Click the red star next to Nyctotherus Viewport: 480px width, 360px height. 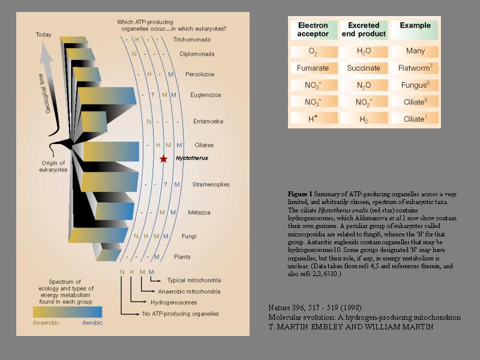tap(163, 159)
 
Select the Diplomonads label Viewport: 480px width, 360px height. tap(197, 54)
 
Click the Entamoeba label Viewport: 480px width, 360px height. tap(208, 121)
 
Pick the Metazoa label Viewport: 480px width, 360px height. tap(197, 212)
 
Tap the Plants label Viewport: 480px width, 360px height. tap(182, 257)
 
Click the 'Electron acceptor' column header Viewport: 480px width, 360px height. tap(313, 29)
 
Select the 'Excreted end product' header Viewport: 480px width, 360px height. tap(364, 29)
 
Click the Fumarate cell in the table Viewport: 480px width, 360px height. tap(313, 68)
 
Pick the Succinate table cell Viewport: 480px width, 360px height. tap(364, 68)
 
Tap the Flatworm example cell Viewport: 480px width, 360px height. tap(415, 68)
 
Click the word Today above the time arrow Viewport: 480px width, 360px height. tap(43, 35)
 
